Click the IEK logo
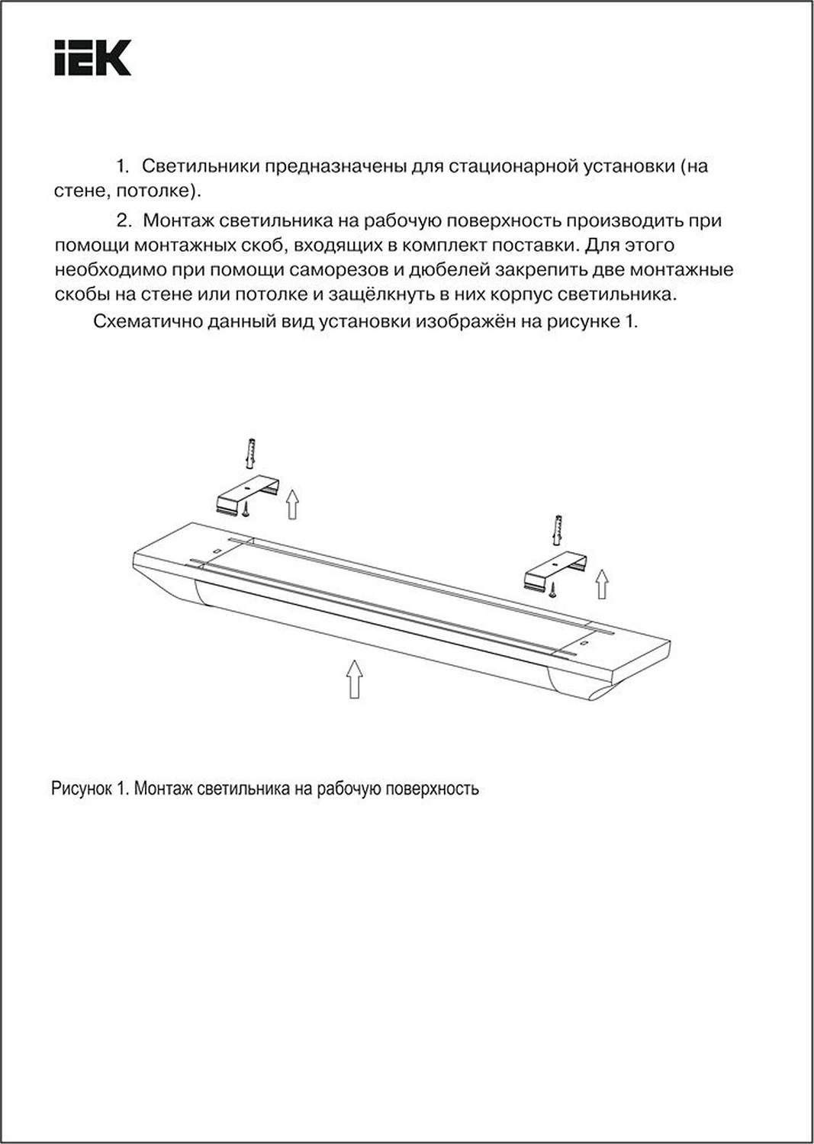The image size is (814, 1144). pos(92,58)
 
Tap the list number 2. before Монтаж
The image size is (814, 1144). pos(124,220)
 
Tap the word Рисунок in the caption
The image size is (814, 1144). pos(82,789)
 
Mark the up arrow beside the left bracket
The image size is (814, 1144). pos(291,505)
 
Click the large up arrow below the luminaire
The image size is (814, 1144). pos(353,678)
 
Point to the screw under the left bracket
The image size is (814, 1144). pos(246,515)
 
